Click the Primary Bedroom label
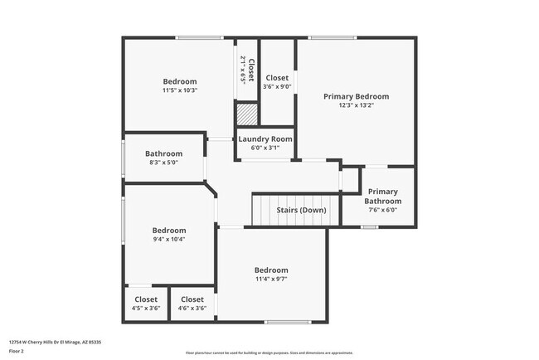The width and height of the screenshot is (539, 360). pyautogui.click(x=356, y=96)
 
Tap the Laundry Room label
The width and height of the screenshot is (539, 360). pyautogui.click(x=265, y=139)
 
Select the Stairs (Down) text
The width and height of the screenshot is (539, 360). pyautogui.click(x=301, y=210)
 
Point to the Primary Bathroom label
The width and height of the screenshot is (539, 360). pyautogui.click(x=384, y=196)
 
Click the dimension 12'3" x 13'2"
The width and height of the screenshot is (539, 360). pyautogui.click(x=356, y=105)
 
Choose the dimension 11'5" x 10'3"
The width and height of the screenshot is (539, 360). pyautogui.click(x=179, y=90)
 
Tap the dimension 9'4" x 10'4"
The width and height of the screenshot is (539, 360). pyautogui.click(x=168, y=239)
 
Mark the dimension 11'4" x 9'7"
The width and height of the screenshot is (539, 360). pyautogui.click(x=271, y=279)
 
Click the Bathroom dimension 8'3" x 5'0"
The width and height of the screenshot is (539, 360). pyautogui.click(x=164, y=163)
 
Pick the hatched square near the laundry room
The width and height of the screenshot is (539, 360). pyautogui.click(x=247, y=114)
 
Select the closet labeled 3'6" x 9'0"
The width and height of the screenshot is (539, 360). pyautogui.click(x=277, y=81)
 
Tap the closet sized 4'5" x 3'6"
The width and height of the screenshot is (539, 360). pyautogui.click(x=146, y=304)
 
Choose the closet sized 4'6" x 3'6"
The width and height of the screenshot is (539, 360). pyautogui.click(x=192, y=304)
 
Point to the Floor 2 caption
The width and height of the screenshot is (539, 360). pyautogui.click(x=17, y=351)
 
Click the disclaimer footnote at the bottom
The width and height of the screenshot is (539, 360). pyautogui.click(x=269, y=353)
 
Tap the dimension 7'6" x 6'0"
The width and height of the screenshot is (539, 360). pyautogui.click(x=383, y=210)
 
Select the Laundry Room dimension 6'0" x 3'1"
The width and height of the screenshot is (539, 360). pyautogui.click(x=265, y=148)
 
